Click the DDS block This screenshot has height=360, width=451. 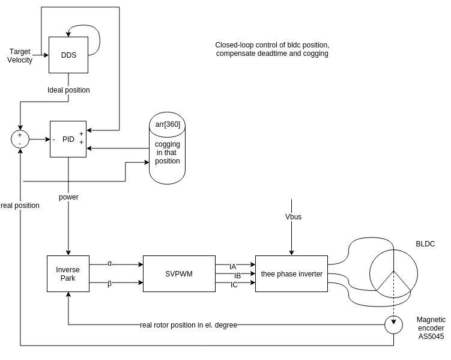[x=68, y=55]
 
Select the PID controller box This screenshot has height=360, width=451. [x=68, y=139]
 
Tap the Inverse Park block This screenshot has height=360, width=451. [x=68, y=273]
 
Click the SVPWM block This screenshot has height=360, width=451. [x=179, y=273]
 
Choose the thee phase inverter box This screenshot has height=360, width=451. [x=291, y=274]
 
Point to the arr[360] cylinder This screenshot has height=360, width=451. [x=167, y=150]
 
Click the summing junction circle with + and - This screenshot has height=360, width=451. [x=20, y=139]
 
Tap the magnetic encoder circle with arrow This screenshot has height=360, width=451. [x=394, y=325]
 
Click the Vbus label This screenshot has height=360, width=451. [x=294, y=216]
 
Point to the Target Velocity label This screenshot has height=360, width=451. [x=20, y=55]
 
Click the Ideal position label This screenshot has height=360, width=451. [x=68, y=90]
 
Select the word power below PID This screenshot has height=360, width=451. [x=68, y=197]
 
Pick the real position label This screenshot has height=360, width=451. [x=20, y=206]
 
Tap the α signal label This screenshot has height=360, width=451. [x=109, y=263]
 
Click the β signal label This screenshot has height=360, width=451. [x=109, y=284]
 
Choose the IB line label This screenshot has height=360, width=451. [x=237, y=276]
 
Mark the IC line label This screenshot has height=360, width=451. [x=234, y=285]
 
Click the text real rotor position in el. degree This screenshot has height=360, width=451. [x=188, y=325]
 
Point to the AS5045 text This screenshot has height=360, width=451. [x=431, y=337]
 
